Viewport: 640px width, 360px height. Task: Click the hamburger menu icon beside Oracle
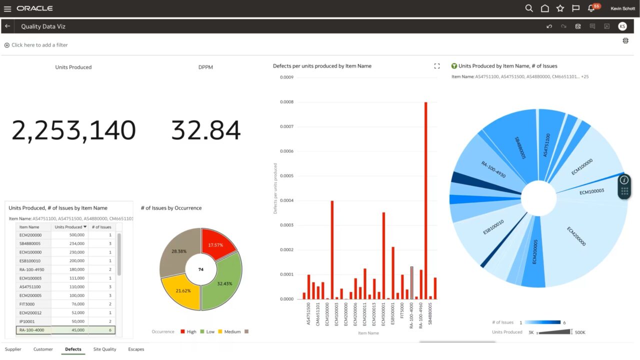7,8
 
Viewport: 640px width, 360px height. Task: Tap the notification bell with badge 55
591,8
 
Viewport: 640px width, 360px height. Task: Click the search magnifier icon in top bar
529,8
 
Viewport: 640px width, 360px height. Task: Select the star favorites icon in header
560,8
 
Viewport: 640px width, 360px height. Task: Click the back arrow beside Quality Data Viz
7,26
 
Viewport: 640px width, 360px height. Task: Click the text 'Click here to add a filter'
39,45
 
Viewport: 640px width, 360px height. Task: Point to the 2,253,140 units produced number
73,130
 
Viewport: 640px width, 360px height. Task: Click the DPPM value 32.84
205,130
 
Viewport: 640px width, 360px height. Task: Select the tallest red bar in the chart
425,200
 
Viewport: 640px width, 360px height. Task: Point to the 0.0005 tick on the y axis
286,176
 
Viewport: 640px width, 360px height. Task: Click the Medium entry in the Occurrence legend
232,331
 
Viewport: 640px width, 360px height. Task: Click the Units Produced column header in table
68,227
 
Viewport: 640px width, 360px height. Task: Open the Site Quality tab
104,349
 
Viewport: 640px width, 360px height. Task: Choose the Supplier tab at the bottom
13,349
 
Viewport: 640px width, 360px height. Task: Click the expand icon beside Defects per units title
437,66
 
